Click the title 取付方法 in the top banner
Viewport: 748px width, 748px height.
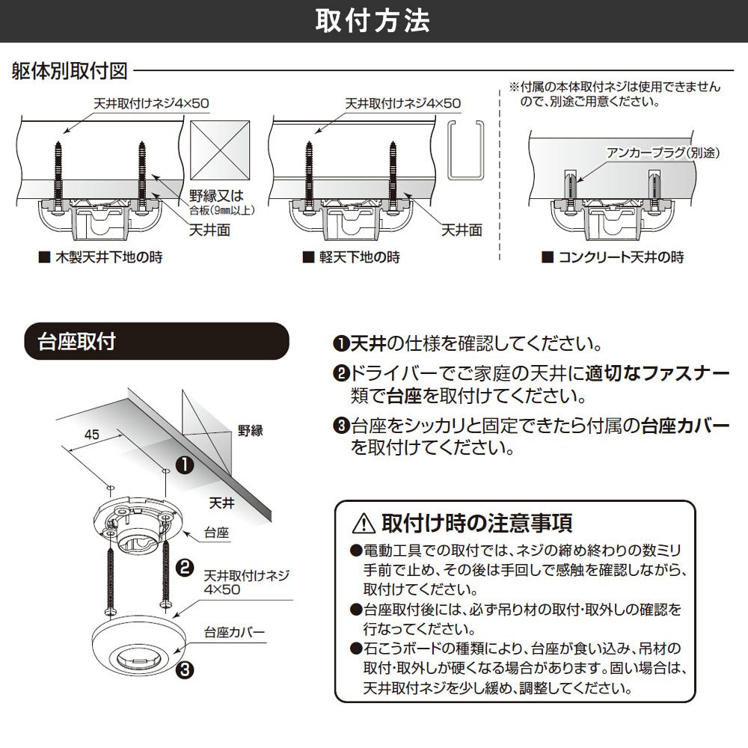point(373,21)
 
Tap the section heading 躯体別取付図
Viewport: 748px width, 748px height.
point(70,72)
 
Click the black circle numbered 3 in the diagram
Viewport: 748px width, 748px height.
point(183,669)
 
